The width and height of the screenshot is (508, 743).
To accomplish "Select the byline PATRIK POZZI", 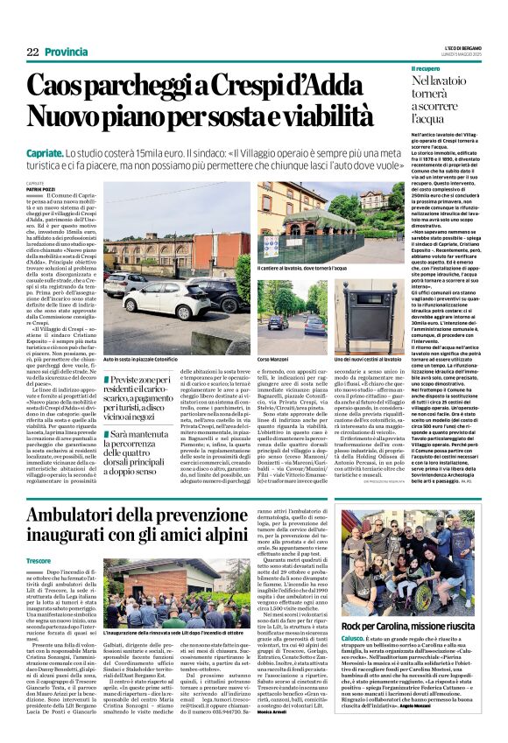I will click(39, 189).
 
